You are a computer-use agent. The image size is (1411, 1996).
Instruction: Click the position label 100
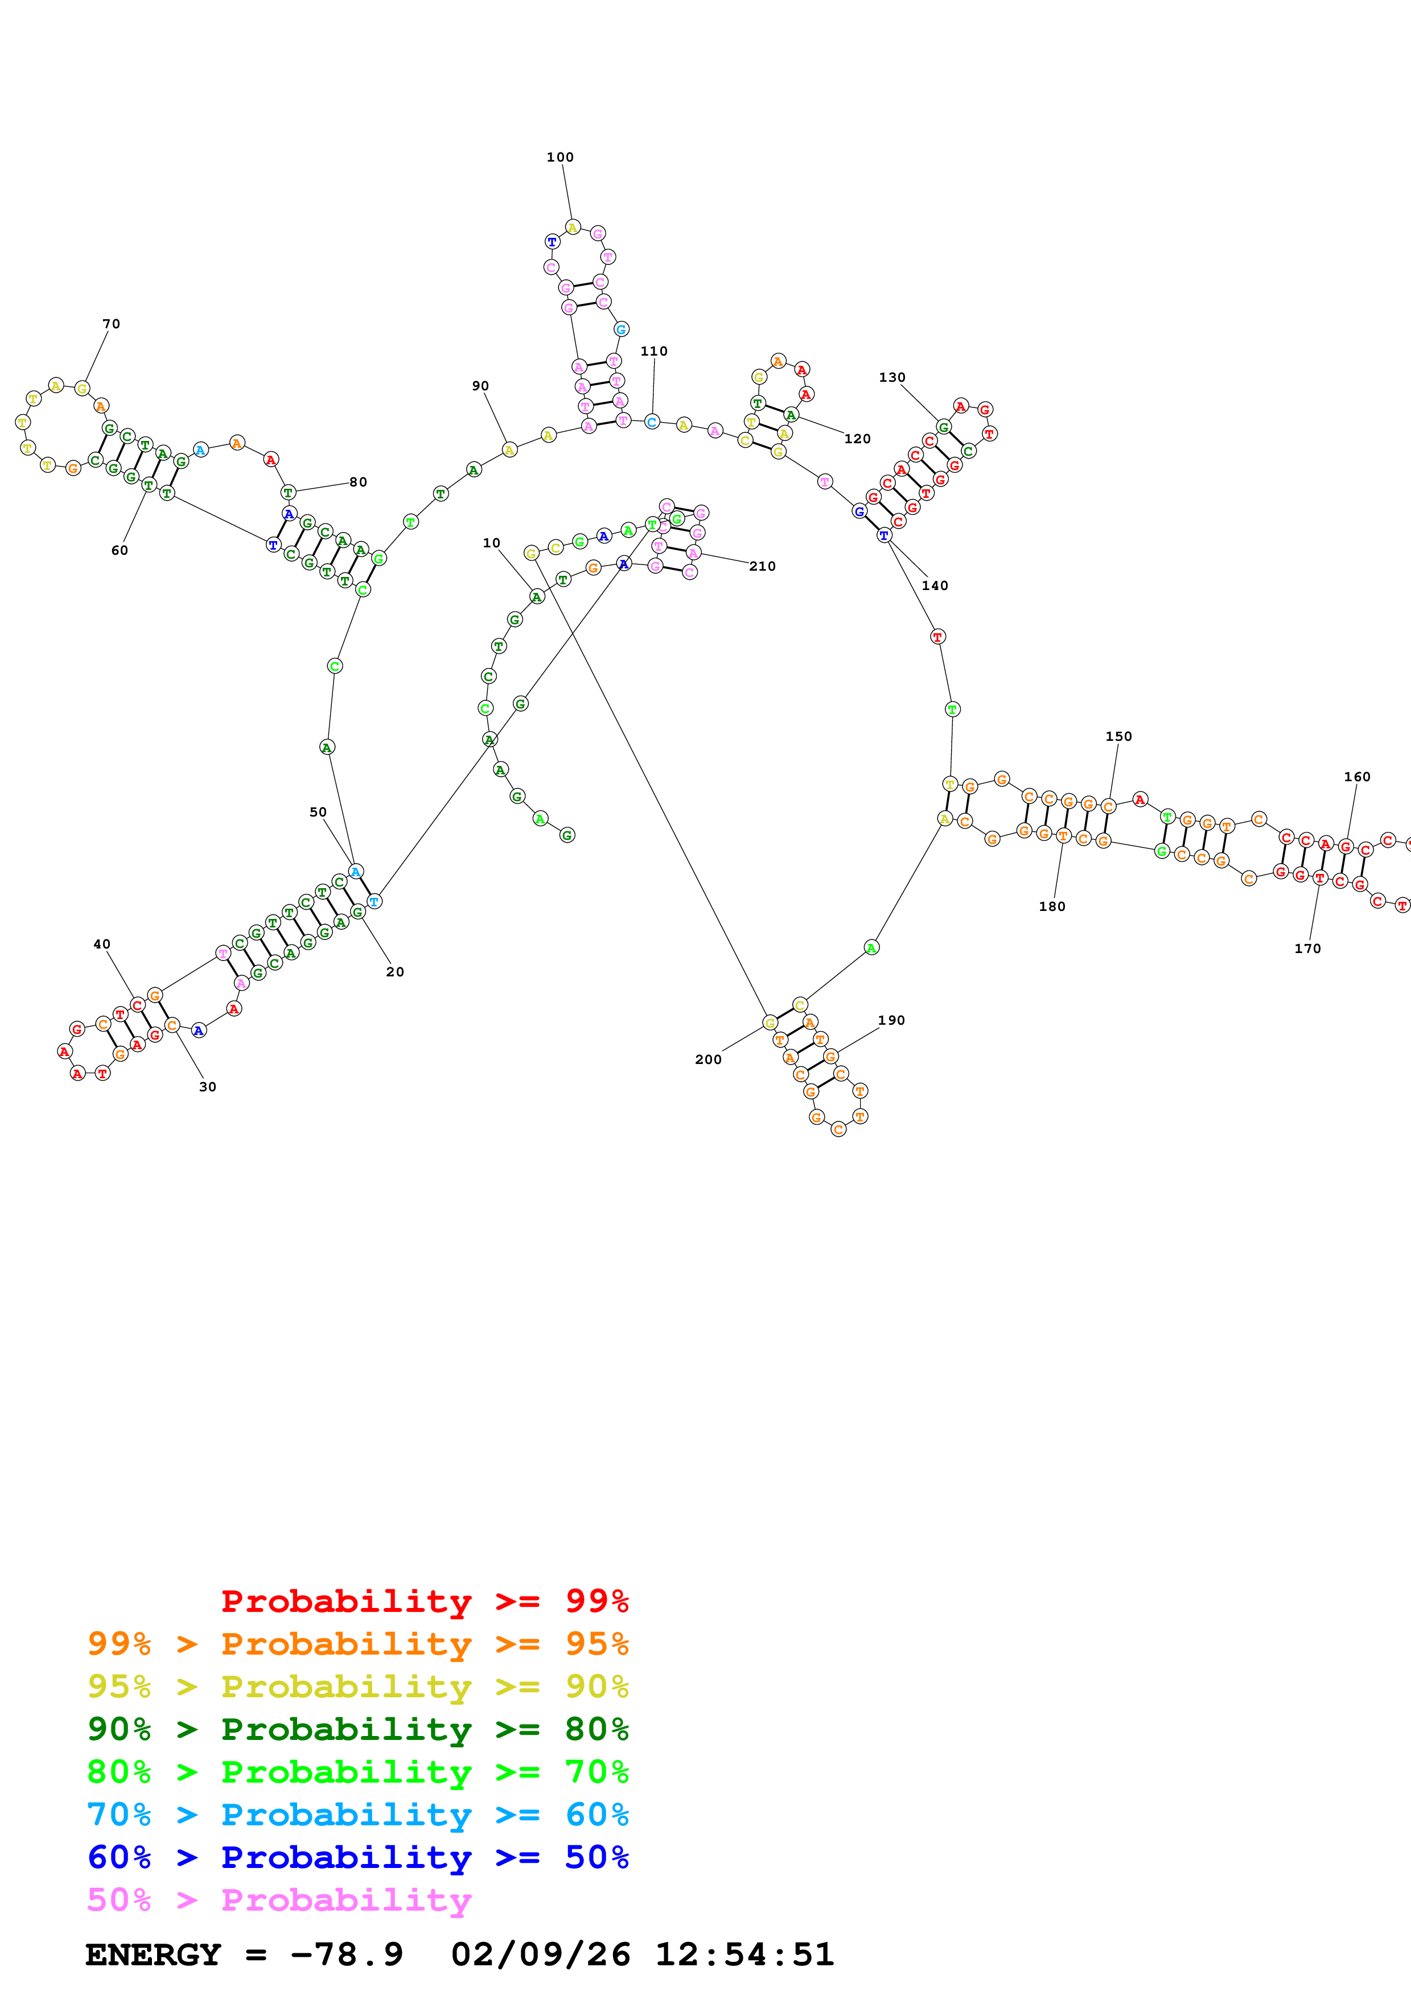click(x=560, y=158)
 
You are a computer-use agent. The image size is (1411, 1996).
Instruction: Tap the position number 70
click(x=112, y=324)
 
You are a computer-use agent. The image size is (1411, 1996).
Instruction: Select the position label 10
click(x=491, y=543)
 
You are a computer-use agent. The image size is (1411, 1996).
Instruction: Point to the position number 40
click(x=102, y=944)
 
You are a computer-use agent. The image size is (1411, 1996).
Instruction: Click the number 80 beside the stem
click(x=358, y=482)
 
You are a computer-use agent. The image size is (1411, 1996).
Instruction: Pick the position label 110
click(x=654, y=351)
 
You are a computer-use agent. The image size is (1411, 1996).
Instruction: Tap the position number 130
click(x=892, y=377)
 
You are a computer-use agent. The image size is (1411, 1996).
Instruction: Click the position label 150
click(x=1119, y=736)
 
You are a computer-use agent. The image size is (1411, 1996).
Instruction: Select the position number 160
click(x=1357, y=777)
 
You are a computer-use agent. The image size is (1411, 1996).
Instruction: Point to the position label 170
click(x=1307, y=948)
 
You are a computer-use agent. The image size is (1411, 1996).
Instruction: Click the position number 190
click(x=891, y=1021)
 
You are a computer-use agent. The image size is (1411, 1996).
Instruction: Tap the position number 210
click(x=763, y=567)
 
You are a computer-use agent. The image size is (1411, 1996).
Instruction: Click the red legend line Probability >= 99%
click(x=424, y=1601)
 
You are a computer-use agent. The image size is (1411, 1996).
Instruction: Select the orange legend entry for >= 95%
click(x=357, y=1644)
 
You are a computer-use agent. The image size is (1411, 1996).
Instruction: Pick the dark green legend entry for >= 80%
click(x=357, y=1729)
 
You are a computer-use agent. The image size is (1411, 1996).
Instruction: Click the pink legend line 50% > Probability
click(x=279, y=1900)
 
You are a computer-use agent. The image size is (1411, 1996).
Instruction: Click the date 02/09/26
click(x=541, y=1955)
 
